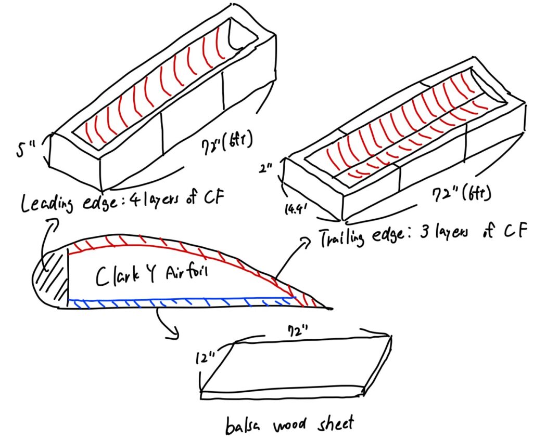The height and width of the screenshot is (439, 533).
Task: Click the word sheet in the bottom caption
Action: pyautogui.click(x=335, y=423)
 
